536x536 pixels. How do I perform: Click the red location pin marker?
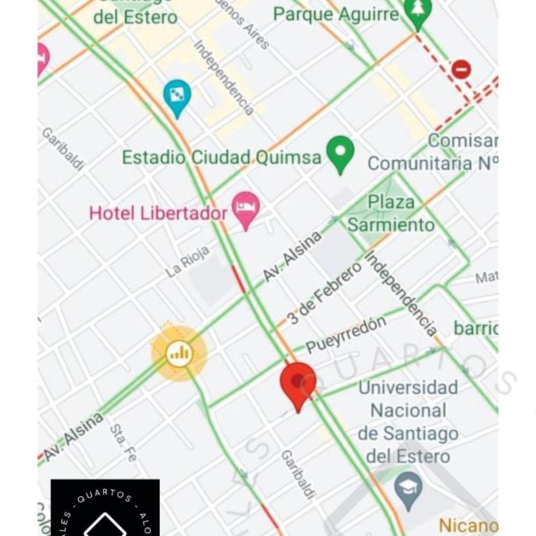(298, 384)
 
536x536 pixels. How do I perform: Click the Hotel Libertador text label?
(158, 213)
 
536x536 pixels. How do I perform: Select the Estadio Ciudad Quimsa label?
(221, 157)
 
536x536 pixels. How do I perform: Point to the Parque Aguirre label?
(336, 13)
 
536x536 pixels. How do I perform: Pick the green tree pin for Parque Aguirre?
(418, 12)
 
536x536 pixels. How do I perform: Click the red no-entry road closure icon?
(461, 69)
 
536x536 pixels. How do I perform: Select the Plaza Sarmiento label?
(391, 214)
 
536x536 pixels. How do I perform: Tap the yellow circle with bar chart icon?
(179, 353)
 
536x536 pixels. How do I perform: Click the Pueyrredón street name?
(345, 334)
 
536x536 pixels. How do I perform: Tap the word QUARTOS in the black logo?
(105, 496)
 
